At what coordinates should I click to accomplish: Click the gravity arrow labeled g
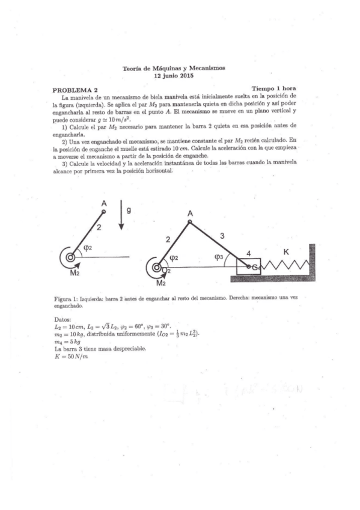pos(121,218)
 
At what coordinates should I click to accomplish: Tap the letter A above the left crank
pos(104,203)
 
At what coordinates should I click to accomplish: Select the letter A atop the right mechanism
pos(190,214)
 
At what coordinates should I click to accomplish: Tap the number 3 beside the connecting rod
pos(222,236)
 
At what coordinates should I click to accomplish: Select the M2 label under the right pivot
pos(160,282)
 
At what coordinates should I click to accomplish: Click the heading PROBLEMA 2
pos(74,90)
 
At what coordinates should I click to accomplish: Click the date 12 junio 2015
pos(174,76)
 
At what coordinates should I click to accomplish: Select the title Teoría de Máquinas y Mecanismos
pos(174,69)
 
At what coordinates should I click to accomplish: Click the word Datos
pos(63,319)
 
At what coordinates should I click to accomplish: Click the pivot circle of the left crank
pos(72,257)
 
